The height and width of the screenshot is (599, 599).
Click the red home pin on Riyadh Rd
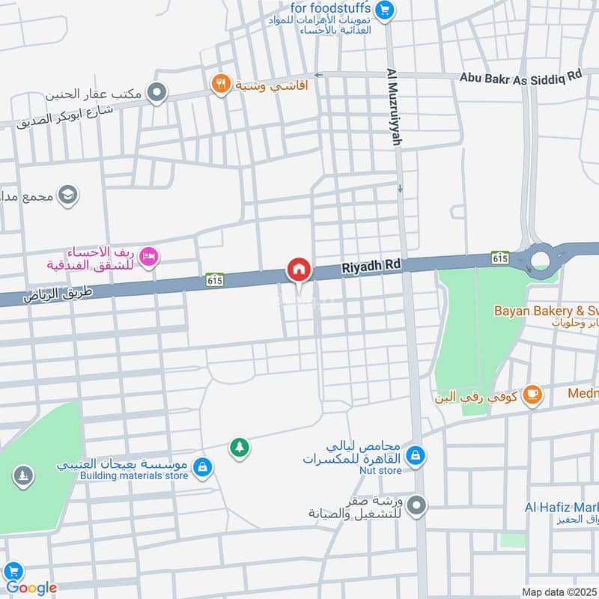point(299,270)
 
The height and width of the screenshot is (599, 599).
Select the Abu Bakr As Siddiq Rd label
point(520,76)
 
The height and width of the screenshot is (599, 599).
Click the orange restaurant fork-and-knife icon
point(219,84)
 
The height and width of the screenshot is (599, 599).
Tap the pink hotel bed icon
point(150,258)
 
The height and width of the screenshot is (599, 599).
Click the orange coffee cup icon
point(532,394)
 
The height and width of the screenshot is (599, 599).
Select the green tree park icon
point(240,448)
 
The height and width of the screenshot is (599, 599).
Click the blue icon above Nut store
point(416,454)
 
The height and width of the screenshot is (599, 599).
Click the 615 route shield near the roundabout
point(501,257)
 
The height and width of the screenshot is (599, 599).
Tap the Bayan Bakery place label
point(544,310)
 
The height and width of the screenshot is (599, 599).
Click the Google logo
point(31,588)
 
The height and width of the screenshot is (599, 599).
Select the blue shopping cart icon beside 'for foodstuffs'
point(385,9)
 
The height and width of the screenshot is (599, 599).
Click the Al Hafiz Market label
point(562,507)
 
